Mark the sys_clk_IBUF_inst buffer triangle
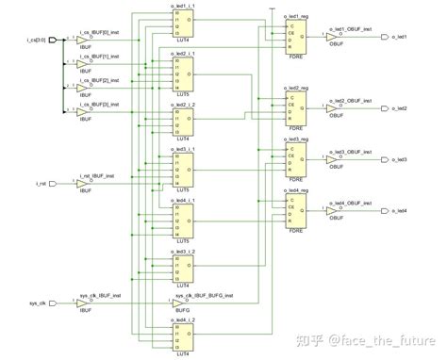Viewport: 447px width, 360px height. (83, 304)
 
